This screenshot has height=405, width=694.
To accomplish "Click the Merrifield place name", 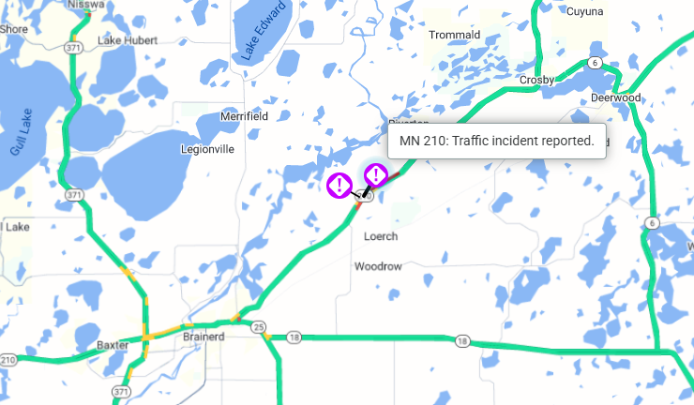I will pos(244,116).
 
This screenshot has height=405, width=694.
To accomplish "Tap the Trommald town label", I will pos(454,35).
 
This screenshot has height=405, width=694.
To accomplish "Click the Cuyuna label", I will pos(585,11).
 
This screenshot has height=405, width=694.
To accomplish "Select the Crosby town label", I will pos(537,81).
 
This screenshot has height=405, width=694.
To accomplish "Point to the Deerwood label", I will pos(615,97).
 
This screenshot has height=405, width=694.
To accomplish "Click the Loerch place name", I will pos(381,236).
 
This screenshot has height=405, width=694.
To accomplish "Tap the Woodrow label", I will pos(378,266).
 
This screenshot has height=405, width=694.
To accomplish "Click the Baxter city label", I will pos(113,345).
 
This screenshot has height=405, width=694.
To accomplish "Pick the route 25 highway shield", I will pos(258,326).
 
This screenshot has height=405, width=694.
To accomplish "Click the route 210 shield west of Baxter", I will pos(8,359).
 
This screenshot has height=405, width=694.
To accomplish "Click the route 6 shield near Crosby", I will pos(595,62).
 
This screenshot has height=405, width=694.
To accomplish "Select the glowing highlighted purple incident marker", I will pos(375,174).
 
